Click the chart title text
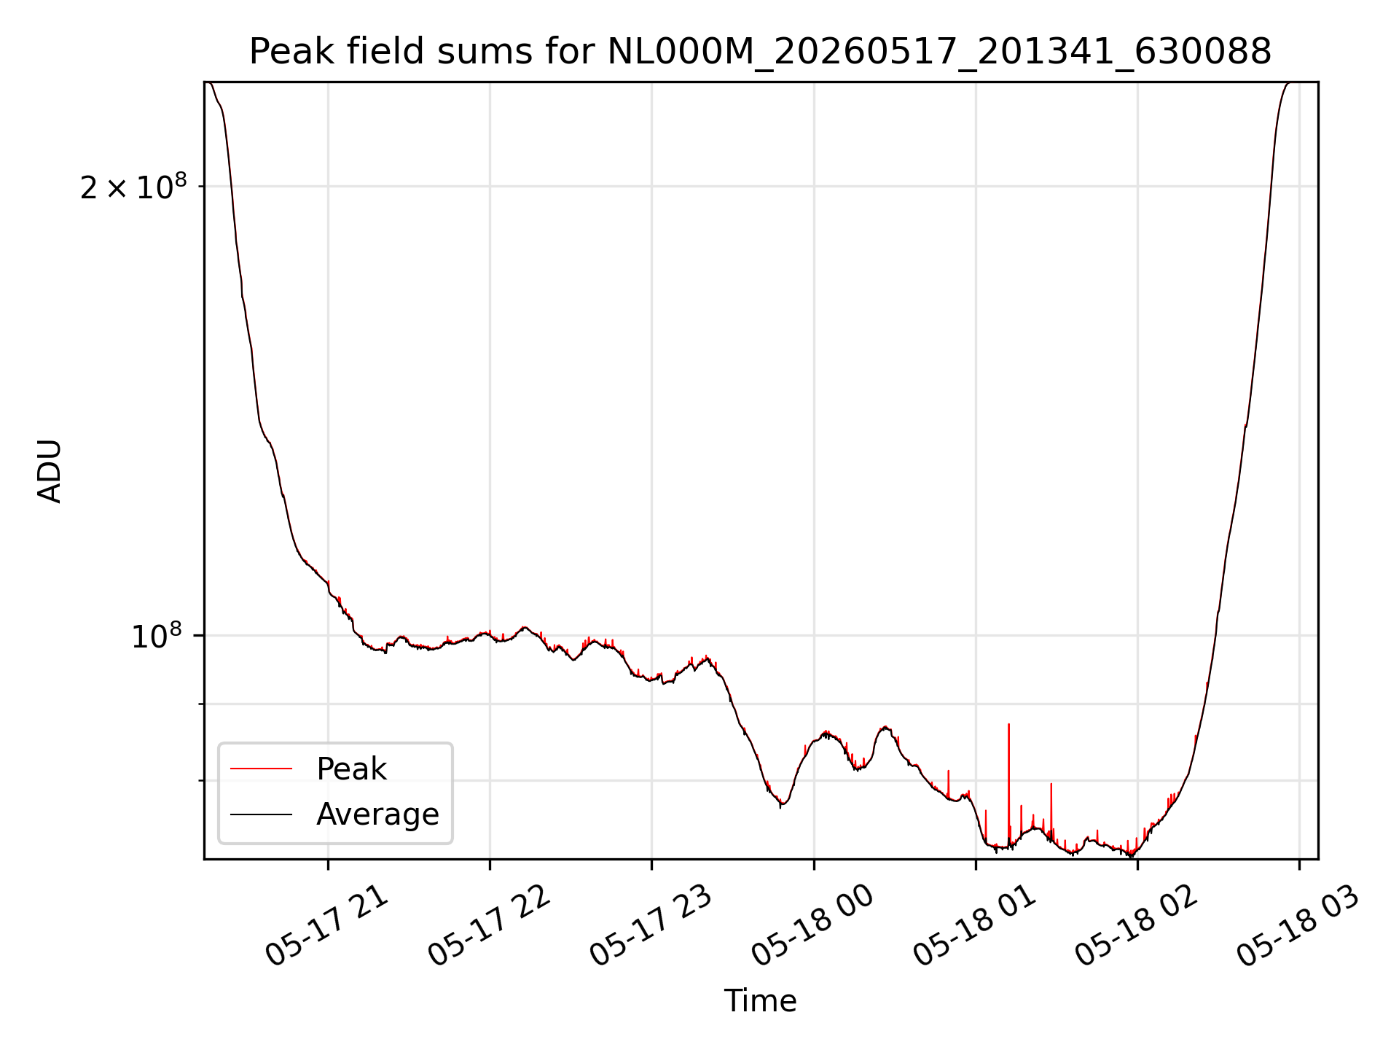(x=760, y=52)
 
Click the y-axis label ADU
(x=50, y=471)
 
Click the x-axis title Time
(x=760, y=1000)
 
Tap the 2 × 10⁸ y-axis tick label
(x=133, y=187)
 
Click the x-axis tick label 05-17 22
(x=489, y=926)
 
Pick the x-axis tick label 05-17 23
(x=651, y=926)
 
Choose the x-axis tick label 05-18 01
(x=975, y=926)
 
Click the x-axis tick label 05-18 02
(x=1137, y=926)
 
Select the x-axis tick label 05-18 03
(x=1298, y=926)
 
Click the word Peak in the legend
(x=351, y=769)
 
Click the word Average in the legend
(x=377, y=814)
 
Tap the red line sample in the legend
(x=261, y=769)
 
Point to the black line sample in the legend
(x=261, y=814)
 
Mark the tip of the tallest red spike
(x=1008, y=724)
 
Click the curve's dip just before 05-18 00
(x=781, y=805)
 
